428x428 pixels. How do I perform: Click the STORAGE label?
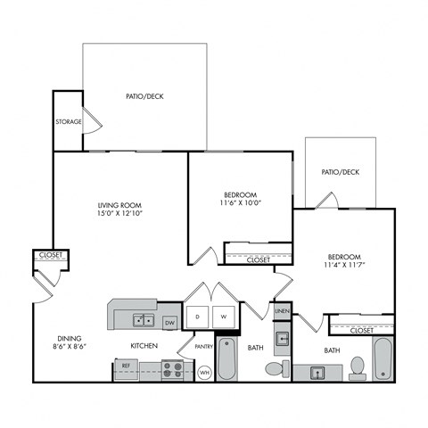pos(69,122)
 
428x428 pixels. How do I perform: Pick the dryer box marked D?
pos(197,317)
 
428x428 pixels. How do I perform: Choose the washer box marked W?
pos(224,317)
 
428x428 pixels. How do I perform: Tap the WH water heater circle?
pos(204,371)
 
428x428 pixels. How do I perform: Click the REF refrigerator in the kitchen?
pos(127,366)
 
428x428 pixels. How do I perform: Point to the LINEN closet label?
pos(281,312)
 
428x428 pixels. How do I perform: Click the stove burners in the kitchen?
pos(175,366)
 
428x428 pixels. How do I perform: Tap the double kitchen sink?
pos(143,319)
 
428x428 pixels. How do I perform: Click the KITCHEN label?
pos(144,345)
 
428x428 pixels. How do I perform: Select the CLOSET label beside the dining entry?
pos(50,255)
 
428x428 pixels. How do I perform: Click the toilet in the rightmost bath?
pos(358,366)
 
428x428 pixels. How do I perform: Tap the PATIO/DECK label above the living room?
pos(144,96)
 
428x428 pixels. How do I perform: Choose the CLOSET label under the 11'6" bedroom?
pos(258,259)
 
